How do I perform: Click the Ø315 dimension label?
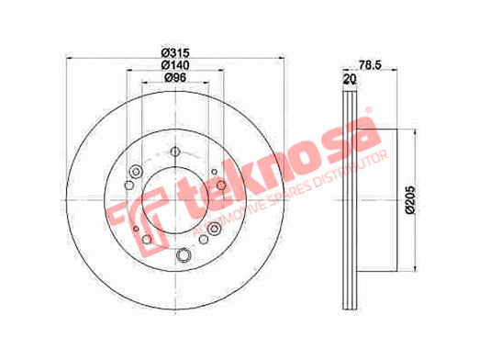coord(175,53)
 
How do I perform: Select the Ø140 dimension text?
coord(175,65)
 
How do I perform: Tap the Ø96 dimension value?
coord(175,78)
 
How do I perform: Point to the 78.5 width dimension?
coord(371,65)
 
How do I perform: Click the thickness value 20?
coord(351,79)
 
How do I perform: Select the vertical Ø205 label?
coord(410,200)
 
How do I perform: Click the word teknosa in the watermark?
coord(280,163)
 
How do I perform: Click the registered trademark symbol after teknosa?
coord(369,109)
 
